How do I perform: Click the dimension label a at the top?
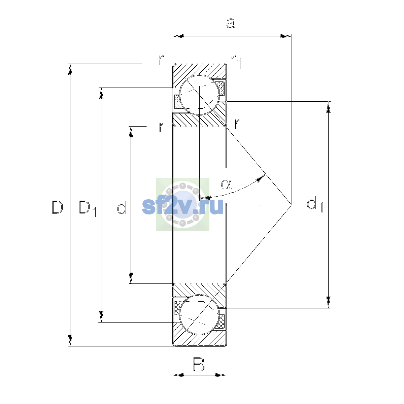[231, 23]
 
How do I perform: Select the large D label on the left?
[57, 207]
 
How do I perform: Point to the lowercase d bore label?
[122, 207]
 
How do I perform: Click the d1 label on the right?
[315, 204]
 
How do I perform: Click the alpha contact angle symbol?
[227, 184]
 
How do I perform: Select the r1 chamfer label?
[236, 62]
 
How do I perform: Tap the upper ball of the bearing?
[199, 95]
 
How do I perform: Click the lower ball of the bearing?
[199, 314]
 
